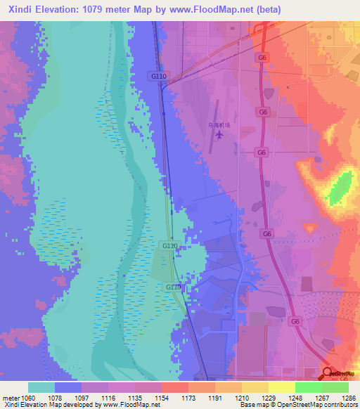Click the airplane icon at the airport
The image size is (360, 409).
click(x=219, y=134)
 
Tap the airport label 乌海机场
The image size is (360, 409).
click(x=219, y=124)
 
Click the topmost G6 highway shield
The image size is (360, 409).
click(x=262, y=57)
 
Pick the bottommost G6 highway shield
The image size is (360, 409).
click(x=296, y=321)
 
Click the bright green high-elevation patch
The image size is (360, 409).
click(x=340, y=188)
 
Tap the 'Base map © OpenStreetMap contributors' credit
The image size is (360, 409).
click(x=297, y=405)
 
